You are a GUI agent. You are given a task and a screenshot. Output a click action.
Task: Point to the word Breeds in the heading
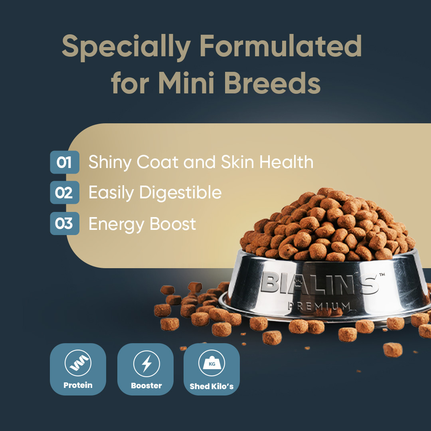click(271, 83)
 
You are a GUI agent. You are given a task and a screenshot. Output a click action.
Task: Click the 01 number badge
click(64, 162)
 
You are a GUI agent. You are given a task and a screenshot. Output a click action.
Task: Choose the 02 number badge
click(64, 193)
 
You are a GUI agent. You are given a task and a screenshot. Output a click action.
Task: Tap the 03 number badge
click(64, 223)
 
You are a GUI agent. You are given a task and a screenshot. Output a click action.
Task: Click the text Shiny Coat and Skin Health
click(201, 162)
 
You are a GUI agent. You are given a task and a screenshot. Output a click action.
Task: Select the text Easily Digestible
click(155, 193)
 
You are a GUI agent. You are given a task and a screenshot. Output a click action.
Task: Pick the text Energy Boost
click(142, 224)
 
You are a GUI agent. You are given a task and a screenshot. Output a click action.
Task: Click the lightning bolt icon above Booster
click(146, 364)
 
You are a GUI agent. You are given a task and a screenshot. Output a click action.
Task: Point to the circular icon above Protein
click(78, 364)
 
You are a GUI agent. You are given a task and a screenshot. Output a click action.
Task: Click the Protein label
click(78, 385)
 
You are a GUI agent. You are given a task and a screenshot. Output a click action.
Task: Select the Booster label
click(146, 386)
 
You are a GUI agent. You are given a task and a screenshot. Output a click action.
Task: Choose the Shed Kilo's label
click(212, 386)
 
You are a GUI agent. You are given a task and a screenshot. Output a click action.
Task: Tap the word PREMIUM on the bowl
click(319, 306)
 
